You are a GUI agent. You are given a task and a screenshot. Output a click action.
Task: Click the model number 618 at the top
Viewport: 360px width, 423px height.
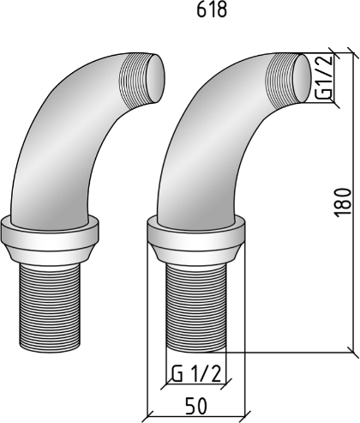point(212,10)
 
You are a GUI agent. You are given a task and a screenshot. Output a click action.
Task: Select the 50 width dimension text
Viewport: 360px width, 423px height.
point(196,406)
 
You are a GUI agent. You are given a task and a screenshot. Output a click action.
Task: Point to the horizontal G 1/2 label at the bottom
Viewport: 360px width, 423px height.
point(196,373)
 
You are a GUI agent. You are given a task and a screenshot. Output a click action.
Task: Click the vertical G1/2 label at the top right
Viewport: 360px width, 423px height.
point(325,76)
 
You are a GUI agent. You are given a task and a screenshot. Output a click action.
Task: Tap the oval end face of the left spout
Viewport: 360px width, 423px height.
point(155,77)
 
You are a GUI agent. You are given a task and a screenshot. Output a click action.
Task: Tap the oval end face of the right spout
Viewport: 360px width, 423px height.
point(302,78)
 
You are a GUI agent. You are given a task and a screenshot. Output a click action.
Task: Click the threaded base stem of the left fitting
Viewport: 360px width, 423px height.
point(51,307)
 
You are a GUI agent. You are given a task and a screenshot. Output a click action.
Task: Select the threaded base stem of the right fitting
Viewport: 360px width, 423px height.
point(196,307)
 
